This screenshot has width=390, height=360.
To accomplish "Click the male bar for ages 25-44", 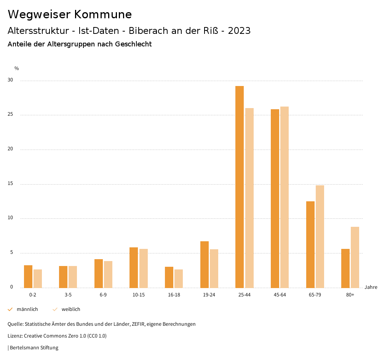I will [x=240, y=186].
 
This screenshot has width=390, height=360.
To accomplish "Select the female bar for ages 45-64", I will [x=285, y=197].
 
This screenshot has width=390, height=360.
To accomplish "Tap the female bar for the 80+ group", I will [x=355, y=257].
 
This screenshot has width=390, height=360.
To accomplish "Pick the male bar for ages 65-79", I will [x=310, y=244].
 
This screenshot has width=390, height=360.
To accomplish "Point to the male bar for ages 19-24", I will [x=205, y=264].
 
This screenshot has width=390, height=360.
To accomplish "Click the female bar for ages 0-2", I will [x=38, y=279].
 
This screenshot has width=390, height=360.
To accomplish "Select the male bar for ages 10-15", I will [x=134, y=268].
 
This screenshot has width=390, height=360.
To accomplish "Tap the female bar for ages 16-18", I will [x=179, y=279].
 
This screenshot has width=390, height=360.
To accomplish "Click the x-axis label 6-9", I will [x=103, y=295].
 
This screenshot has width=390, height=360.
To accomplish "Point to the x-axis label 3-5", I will [x=68, y=295].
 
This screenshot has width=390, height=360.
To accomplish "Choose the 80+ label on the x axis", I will [x=350, y=295].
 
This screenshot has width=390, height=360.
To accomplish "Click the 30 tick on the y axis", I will [x=10, y=80].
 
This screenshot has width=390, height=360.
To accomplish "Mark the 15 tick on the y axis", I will [x=10, y=184].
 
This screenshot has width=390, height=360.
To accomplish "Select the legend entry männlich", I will [x=27, y=309].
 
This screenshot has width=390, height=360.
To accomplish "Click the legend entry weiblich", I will [x=71, y=309].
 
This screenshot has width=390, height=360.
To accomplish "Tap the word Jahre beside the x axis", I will [x=371, y=287].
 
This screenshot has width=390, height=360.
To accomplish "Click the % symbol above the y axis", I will [x=17, y=68].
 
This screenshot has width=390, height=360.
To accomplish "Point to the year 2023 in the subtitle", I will [x=239, y=31].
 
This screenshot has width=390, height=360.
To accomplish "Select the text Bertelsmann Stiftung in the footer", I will [x=34, y=347].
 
